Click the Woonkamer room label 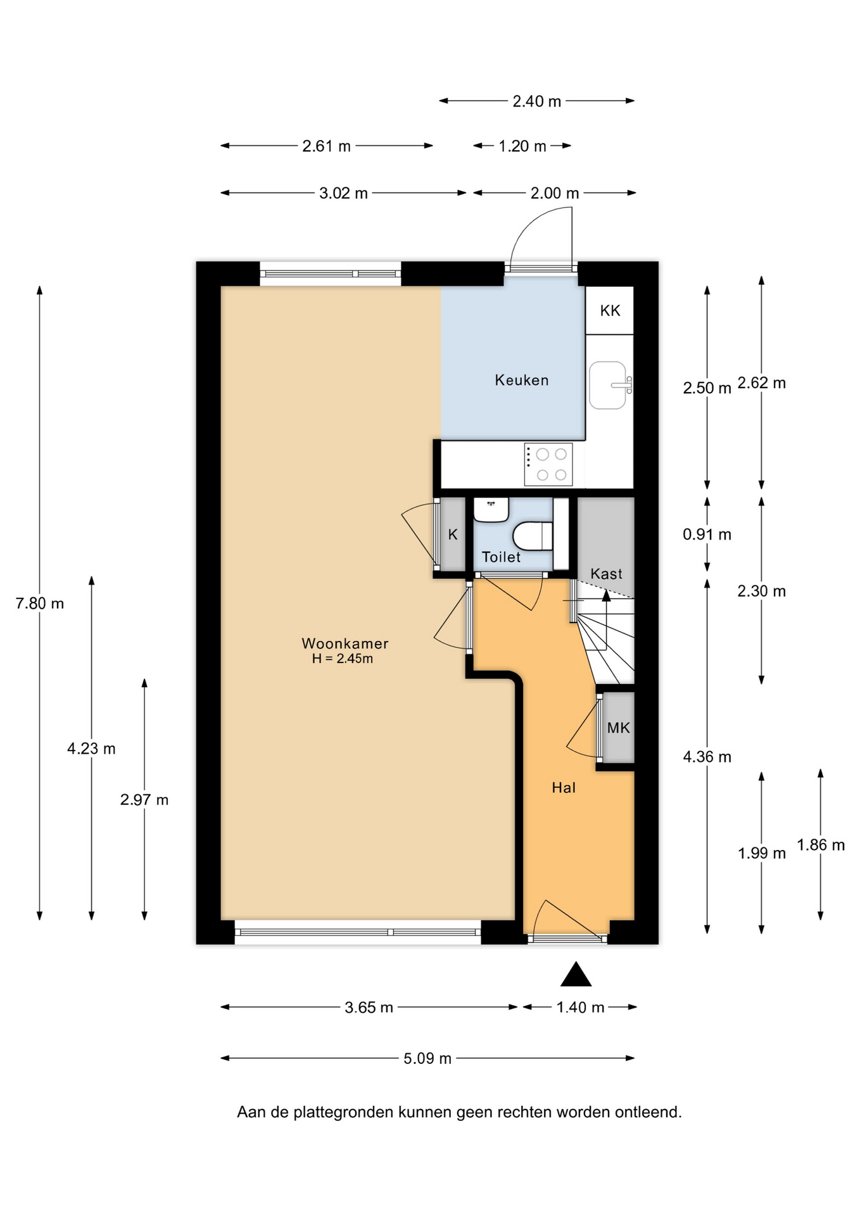point(345,643)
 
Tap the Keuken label point(522,380)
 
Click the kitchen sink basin point(608,385)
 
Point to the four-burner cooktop point(548,464)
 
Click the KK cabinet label point(610,310)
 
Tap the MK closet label point(619,728)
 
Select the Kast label point(606,574)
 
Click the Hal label point(564,787)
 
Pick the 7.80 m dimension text point(40,604)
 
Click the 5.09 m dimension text point(427,1058)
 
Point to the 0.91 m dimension point(707,535)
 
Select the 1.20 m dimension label point(522,146)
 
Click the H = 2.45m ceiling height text point(343,659)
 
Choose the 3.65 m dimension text point(369,1008)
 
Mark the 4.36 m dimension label point(707,757)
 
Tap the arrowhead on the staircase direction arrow point(606,595)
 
